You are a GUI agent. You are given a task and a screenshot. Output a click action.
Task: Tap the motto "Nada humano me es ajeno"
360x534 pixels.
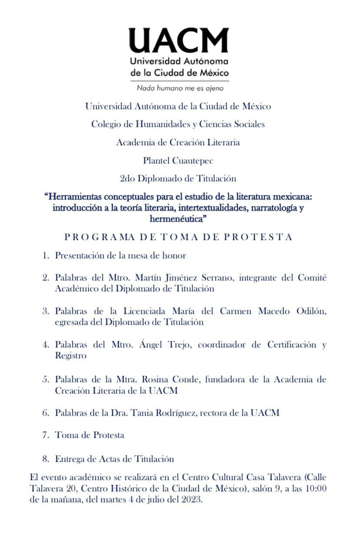tap(180, 88)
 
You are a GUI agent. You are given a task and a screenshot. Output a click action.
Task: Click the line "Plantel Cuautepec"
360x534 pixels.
tap(178, 160)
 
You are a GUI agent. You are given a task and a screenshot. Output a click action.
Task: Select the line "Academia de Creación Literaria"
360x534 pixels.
tap(178, 142)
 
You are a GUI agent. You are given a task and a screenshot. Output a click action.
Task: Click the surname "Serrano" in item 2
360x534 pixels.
tap(215, 278)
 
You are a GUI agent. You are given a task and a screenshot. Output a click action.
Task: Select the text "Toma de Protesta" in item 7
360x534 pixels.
tap(90, 435)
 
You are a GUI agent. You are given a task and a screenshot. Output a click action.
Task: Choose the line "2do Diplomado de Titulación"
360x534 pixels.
tap(178, 178)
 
